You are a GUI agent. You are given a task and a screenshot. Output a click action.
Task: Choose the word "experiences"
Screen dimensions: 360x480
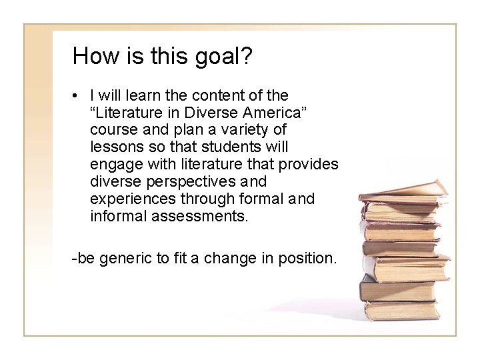(132, 199)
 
